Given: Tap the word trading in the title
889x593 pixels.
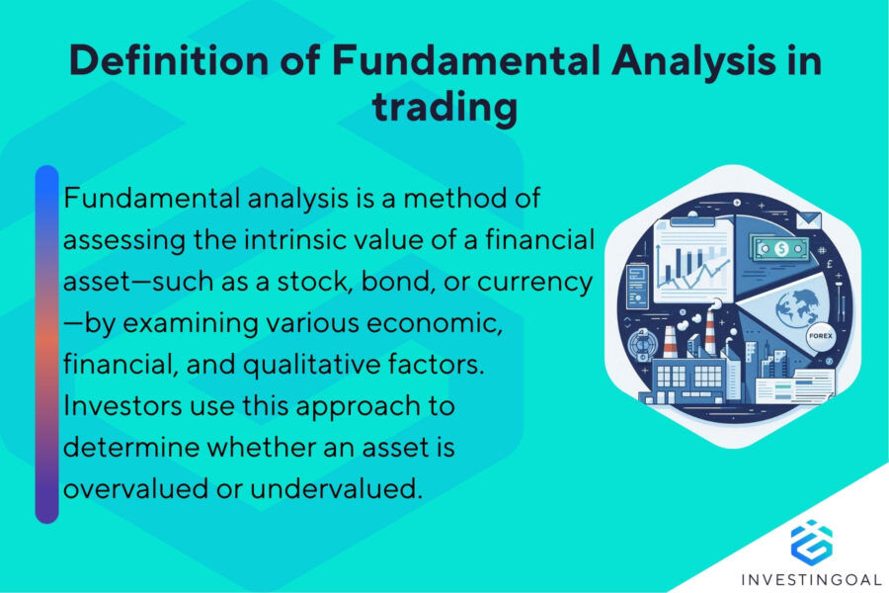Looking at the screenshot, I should tap(444, 107).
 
